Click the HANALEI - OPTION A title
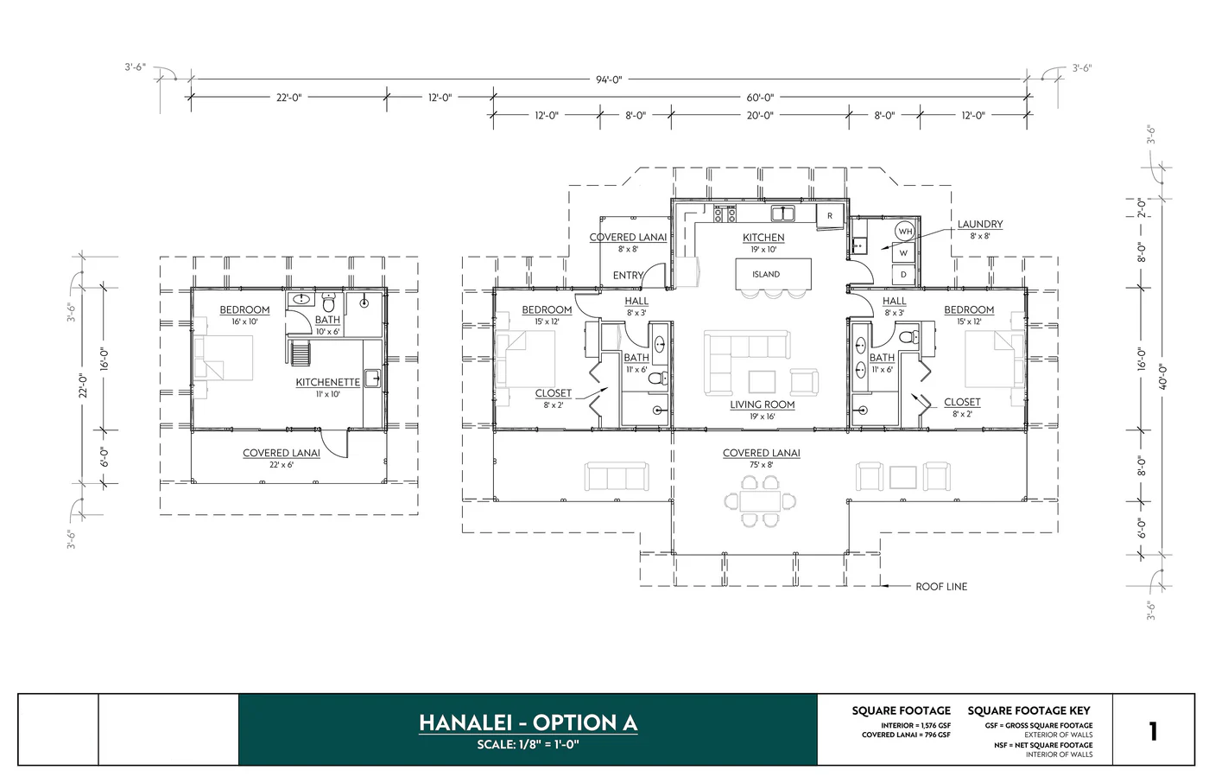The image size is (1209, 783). click(528, 723)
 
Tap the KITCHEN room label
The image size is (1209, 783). click(763, 238)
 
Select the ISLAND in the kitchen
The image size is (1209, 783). click(766, 274)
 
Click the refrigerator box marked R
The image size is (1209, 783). click(830, 216)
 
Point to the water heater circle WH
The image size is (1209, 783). click(905, 232)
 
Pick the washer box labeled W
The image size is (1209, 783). click(904, 253)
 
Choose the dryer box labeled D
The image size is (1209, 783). click(904, 275)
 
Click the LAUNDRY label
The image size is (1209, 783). click(979, 225)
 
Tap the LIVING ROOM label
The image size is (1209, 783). click(762, 404)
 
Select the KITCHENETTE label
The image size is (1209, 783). click(327, 382)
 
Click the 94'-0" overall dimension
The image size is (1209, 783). click(608, 80)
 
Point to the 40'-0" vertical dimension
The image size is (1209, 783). click(1163, 376)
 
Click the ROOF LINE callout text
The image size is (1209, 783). click(941, 587)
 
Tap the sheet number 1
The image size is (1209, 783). click(1152, 731)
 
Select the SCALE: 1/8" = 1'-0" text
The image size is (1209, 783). click(528, 745)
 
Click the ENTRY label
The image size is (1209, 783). click(628, 276)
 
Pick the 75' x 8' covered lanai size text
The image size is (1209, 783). click(761, 465)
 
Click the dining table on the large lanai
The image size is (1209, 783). click(760, 501)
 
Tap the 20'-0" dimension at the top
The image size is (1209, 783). click(760, 115)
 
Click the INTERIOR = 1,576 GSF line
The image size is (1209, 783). click(915, 725)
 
